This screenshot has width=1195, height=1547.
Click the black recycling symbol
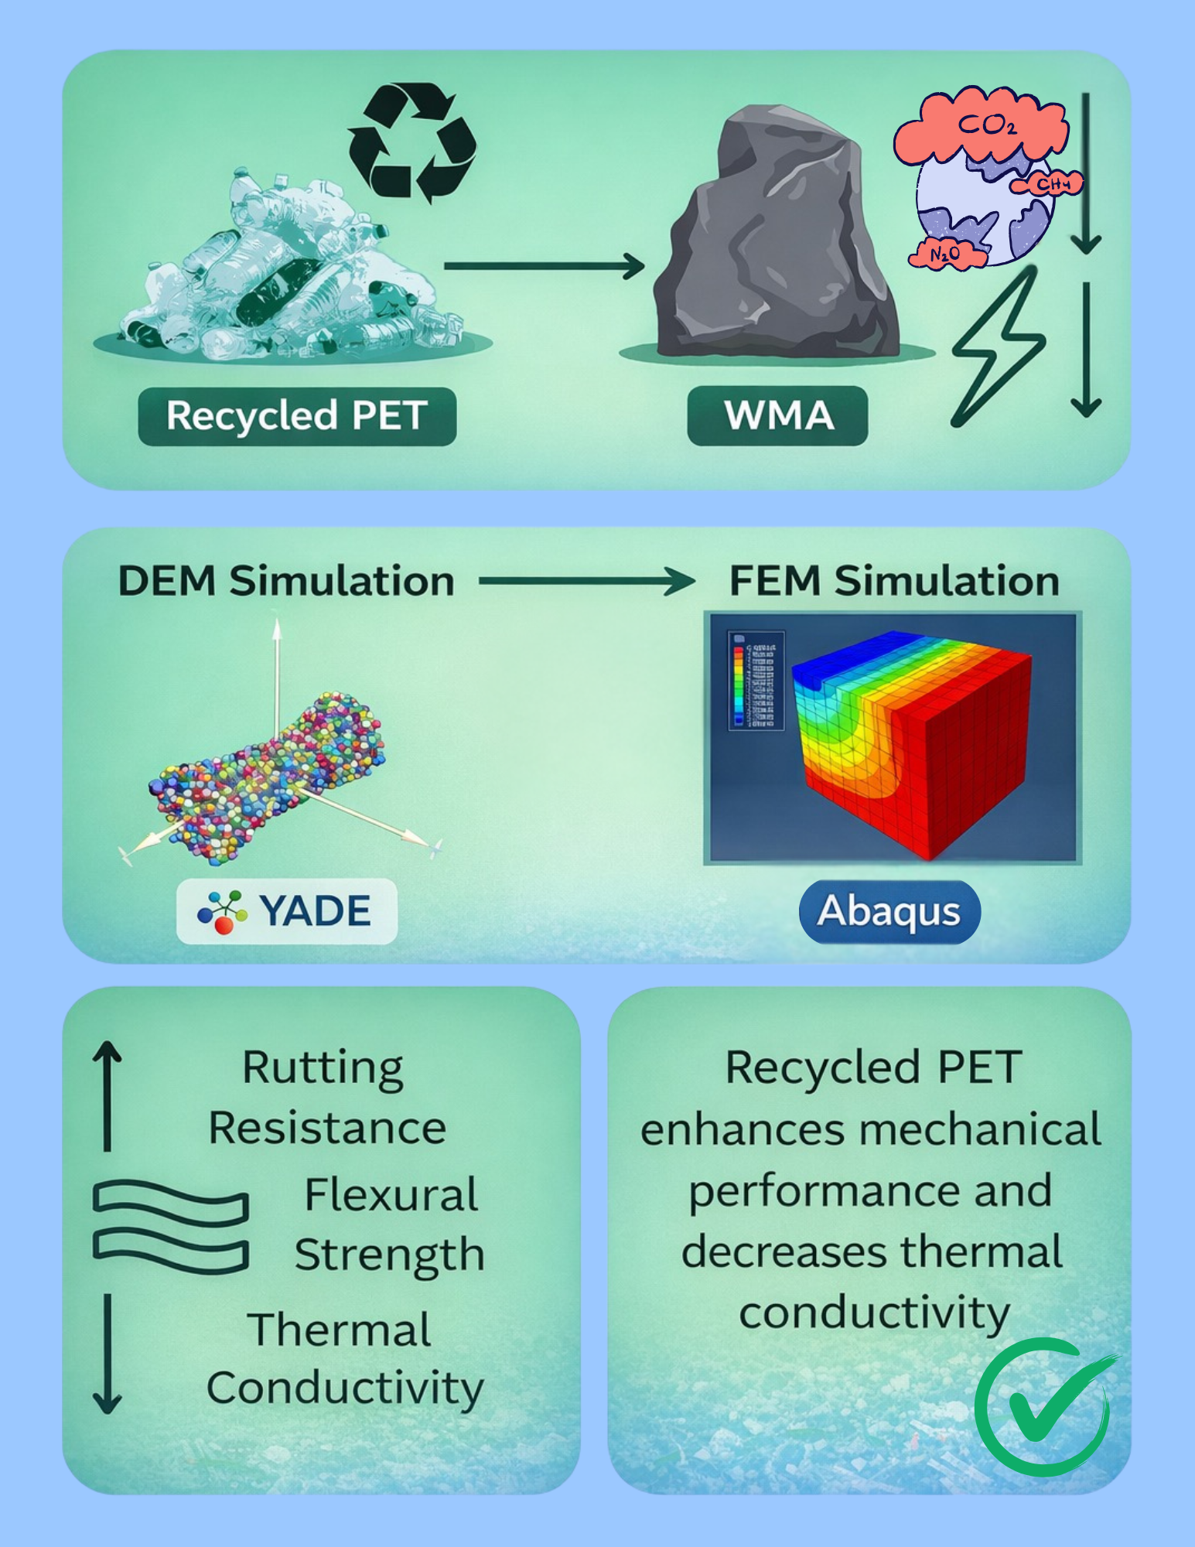[x=412, y=142]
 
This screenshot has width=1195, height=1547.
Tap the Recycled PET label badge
[x=297, y=416]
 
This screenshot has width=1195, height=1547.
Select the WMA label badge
[x=777, y=416]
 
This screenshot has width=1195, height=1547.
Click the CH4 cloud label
[x=1052, y=185]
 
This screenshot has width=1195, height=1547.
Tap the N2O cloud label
[x=945, y=254]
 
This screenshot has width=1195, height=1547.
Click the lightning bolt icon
[x=998, y=348]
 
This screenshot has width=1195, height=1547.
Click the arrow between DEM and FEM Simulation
[x=586, y=581]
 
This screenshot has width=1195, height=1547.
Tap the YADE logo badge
[x=287, y=910]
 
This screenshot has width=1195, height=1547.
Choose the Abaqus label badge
[x=889, y=911]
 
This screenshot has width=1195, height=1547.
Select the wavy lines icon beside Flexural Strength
[x=171, y=1226]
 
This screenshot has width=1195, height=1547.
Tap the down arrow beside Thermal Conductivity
[x=108, y=1354]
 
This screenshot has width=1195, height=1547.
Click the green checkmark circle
[x=1042, y=1406]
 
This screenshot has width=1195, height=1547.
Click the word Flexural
[x=391, y=1195]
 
